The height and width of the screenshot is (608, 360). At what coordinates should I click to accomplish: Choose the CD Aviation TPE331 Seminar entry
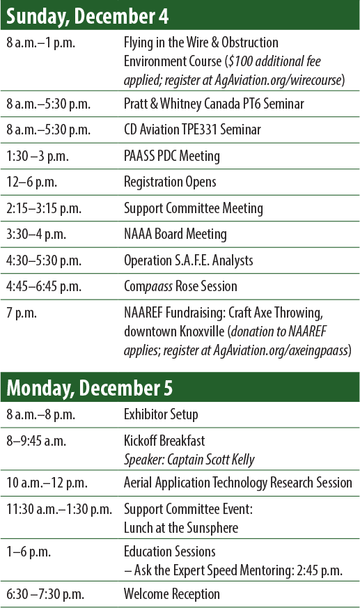(202, 130)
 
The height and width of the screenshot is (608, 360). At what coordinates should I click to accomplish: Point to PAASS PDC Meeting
(171, 155)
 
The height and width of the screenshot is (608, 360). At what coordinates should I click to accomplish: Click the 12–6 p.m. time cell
(33, 182)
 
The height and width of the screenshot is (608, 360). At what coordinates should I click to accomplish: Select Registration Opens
(170, 182)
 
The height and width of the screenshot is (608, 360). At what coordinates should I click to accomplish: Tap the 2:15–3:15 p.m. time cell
(43, 208)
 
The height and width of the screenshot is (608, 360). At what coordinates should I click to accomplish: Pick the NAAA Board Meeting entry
(175, 234)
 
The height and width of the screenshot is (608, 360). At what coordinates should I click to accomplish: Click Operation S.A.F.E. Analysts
(188, 260)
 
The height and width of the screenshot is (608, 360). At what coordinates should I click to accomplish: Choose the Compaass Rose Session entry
(180, 286)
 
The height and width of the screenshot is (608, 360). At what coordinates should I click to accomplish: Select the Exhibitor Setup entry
(161, 414)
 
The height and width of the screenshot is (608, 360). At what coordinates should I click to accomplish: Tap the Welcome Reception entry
(171, 594)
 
